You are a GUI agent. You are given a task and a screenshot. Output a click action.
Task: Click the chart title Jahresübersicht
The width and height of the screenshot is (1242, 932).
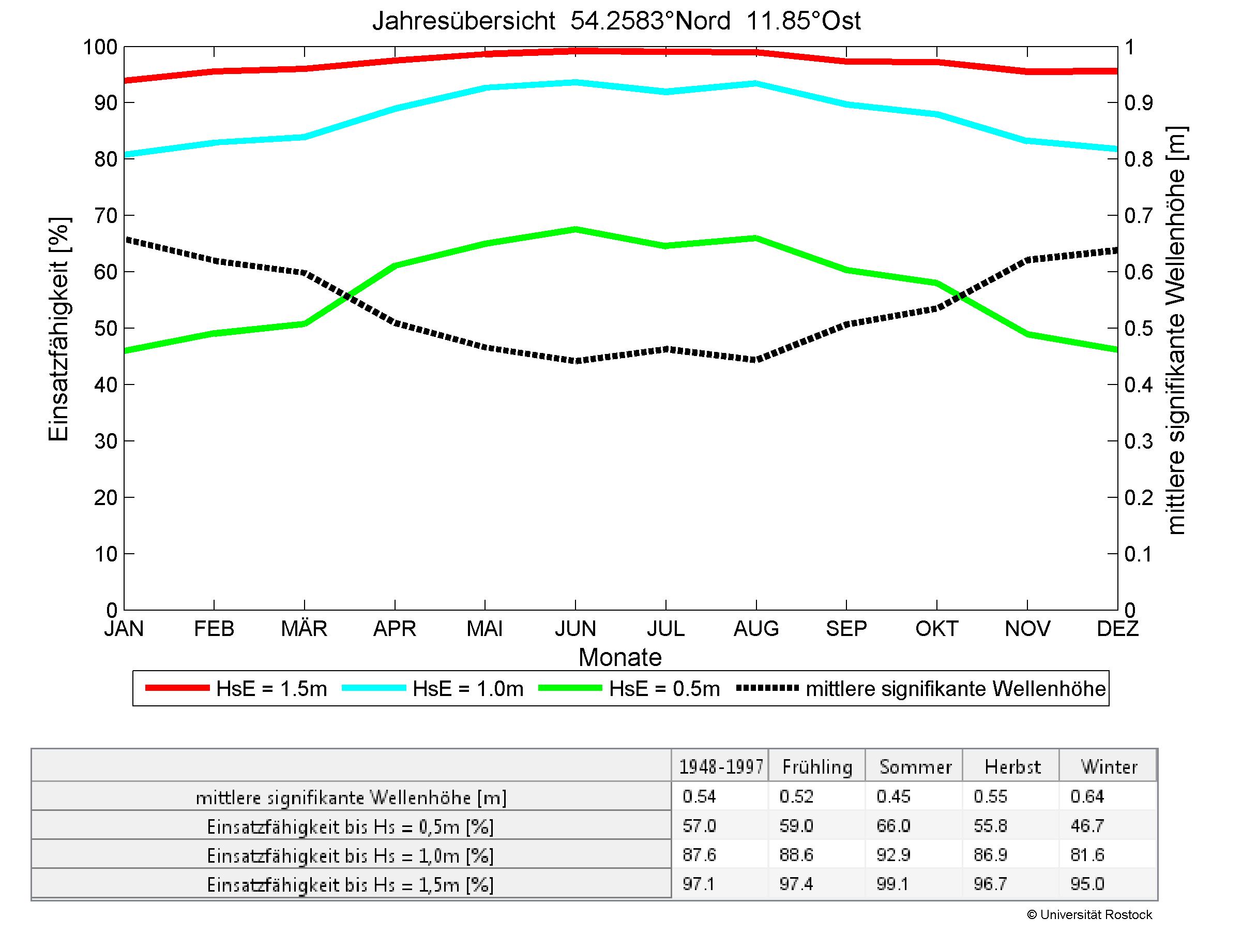tap(616, 21)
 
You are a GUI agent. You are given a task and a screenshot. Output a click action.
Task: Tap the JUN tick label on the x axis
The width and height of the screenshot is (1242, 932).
tap(575, 628)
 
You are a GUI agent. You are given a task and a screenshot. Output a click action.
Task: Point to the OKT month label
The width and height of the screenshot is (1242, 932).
tap(936, 628)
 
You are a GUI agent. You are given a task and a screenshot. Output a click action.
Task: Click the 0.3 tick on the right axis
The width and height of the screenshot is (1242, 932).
tap(1139, 441)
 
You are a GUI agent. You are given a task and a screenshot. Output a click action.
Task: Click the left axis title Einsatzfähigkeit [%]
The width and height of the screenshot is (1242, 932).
tap(58, 329)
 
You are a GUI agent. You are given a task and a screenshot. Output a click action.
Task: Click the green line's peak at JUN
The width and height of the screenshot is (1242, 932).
tap(575, 229)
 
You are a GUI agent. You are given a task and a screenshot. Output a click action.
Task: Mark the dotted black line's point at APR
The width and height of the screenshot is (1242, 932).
tap(395, 323)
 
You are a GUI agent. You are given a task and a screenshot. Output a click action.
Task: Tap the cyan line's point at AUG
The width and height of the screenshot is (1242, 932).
tap(756, 84)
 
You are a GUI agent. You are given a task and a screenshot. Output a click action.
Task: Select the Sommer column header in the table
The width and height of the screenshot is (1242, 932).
tap(915, 767)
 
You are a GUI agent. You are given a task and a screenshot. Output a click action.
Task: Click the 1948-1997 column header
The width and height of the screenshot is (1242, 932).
tap(721, 767)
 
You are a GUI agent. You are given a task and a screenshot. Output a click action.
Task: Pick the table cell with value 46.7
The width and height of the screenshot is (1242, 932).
tap(1087, 825)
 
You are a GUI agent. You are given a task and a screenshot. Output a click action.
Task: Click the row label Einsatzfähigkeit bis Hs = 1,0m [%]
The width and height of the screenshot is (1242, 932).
tap(351, 855)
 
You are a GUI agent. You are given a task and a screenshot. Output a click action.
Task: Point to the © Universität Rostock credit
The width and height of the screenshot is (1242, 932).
tap(1089, 914)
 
